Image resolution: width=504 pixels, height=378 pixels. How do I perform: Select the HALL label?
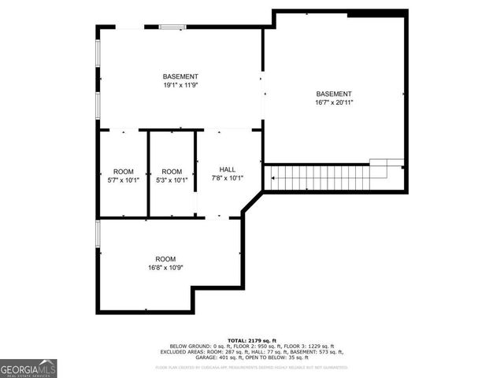[228, 169]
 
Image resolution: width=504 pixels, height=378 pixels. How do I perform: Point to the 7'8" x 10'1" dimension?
[228, 179]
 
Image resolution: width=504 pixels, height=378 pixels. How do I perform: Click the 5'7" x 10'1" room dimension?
[124, 180]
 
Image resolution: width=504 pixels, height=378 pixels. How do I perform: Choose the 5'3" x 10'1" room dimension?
[172, 180]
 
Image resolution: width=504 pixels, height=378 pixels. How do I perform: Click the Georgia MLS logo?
[28, 368]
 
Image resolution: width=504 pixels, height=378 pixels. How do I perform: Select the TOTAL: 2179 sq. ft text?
[252, 340]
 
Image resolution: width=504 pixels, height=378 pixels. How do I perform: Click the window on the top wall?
[172, 28]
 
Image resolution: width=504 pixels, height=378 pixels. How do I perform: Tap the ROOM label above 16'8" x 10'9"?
[165, 259]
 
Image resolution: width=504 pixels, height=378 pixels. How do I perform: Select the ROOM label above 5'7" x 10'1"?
[124, 172]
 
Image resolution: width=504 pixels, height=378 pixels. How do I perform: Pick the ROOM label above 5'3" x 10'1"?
[172, 172]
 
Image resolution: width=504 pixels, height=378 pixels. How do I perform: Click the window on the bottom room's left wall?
[98, 235]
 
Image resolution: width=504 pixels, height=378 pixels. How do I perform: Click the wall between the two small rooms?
[148, 173]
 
